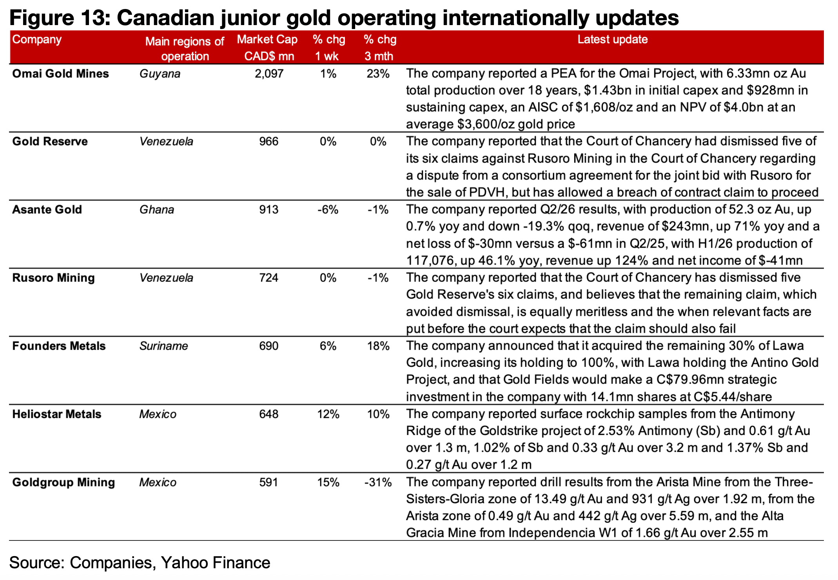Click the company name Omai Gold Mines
60,74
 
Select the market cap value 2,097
269,74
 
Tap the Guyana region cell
160,74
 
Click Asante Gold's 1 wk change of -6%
328,210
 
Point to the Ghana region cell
157,210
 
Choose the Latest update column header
613,40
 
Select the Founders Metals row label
59,346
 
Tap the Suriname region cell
164,346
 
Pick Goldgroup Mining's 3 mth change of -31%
378,482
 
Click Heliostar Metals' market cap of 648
269,414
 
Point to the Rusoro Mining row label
53,278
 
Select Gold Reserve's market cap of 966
269,141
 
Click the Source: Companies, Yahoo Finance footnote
140,563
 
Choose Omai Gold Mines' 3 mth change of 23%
378,74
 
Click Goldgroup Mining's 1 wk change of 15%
328,482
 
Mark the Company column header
37,40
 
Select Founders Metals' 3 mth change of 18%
378,346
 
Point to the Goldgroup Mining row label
63,482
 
